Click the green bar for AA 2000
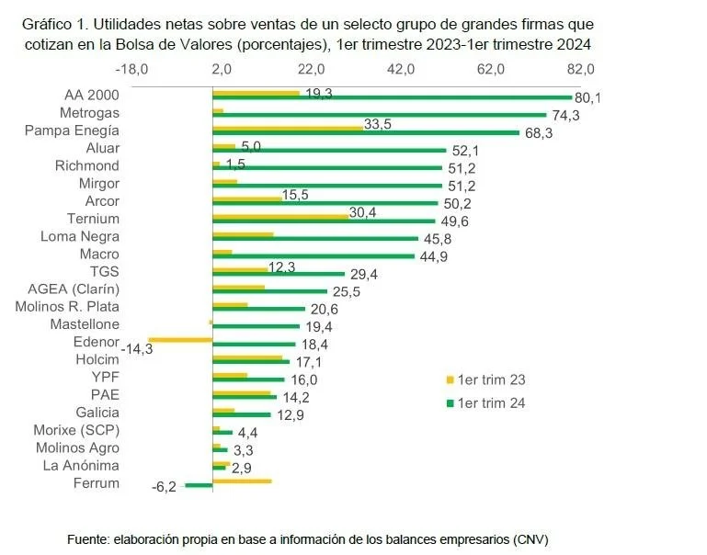point(392,98)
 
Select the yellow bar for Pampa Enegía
point(287,128)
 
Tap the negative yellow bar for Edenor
point(180,339)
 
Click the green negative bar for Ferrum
point(199,485)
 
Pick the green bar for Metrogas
point(379,116)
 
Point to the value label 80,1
point(587,98)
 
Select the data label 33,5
point(378,124)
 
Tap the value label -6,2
point(163,486)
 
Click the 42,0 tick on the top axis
point(401,69)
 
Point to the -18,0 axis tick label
point(131,69)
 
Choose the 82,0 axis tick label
point(581,69)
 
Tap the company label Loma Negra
point(80,236)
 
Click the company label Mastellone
point(85,324)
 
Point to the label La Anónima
point(81,465)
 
